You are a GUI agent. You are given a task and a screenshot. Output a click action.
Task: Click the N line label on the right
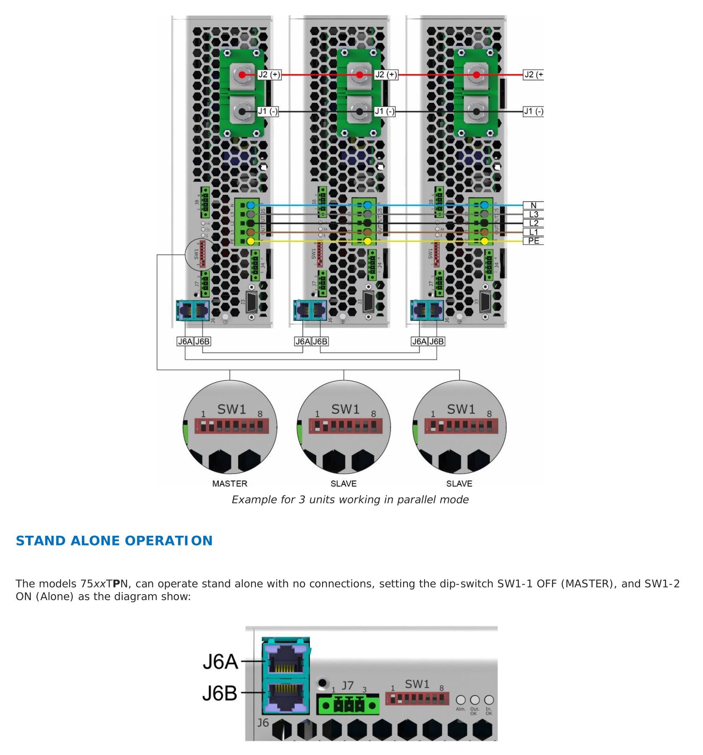click(x=533, y=205)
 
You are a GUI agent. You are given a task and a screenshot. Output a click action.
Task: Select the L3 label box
click(x=533, y=214)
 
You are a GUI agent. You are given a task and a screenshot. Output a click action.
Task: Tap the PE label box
click(x=533, y=241)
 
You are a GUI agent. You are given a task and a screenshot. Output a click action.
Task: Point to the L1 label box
click(x=533, y=232)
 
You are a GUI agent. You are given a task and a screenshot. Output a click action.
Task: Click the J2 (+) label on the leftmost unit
click(x=269, y=75)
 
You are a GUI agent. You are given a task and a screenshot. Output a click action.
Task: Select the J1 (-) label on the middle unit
click(x=385, y=111)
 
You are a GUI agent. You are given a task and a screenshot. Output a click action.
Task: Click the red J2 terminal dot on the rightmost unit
click(x=476, y=75)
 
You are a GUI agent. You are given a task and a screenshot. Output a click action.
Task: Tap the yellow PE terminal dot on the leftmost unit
click(x=251, y=241)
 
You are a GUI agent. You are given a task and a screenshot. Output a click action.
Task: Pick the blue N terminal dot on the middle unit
click(x=367, y=205)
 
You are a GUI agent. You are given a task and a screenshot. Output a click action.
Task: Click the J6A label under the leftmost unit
click(x=185, y=341)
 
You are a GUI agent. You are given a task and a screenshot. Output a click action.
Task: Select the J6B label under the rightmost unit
click(x=436, y=341)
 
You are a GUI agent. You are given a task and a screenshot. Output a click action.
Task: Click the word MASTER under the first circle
click(x=230, y=483)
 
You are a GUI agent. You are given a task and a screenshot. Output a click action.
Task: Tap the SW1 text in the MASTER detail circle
click(x=231, y=409)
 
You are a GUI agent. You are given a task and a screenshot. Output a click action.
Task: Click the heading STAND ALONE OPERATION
click(x=114, y=540)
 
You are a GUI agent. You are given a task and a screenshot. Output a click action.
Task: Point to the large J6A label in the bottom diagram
click(x=220, y=662)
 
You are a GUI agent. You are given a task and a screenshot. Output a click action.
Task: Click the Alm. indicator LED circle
click(x=461, y=700)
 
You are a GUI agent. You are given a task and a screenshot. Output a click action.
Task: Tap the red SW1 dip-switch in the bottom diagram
click(x=417, y=699)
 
